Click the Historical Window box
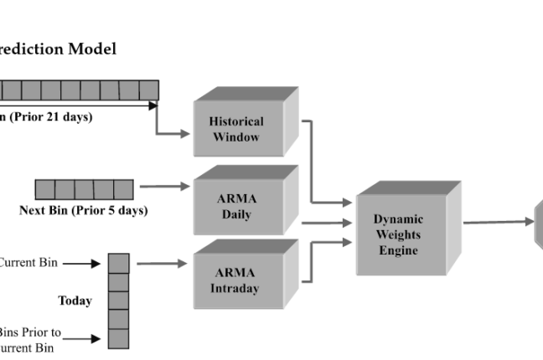(235, 128)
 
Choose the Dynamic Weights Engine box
(398, 234)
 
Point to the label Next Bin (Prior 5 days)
(83, 211)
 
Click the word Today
(75, 301)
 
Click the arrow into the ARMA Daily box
(164, 187)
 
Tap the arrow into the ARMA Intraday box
(162, 264)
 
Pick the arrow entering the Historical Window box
(173, 131)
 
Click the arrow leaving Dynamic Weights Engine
(498, 222)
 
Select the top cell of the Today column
(119, 264)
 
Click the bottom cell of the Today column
(119, 338)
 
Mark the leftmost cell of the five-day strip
(44, 189)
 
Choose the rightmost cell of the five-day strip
(123, 189)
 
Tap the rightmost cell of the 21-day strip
(149, 90)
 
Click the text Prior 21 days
(52, 117)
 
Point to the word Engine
(398, 250)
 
